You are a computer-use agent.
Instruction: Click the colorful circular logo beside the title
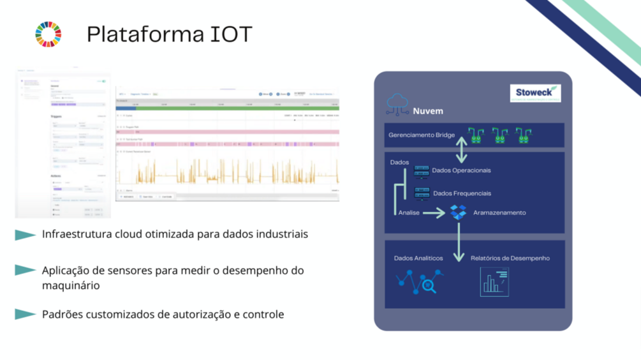48,34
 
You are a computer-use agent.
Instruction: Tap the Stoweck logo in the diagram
534,93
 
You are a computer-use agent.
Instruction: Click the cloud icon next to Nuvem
397,103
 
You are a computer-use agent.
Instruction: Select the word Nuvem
428,111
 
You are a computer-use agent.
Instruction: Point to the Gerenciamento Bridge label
422,135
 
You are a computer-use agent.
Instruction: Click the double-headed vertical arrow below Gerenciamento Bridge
462,149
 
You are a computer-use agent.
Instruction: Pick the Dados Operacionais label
461,170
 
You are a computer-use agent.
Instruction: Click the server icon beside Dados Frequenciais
422,193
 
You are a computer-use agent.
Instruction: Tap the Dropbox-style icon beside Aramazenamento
458,212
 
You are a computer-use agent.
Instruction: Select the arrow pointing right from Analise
434,213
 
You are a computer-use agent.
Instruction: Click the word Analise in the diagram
409,213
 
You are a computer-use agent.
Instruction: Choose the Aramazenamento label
499,213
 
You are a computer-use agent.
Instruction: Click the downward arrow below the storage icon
458,242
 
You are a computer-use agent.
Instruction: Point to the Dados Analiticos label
418,259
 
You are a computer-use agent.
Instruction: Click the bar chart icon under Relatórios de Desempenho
494,281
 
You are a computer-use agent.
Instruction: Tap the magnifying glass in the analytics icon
429,287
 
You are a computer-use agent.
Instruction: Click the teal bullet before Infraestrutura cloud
25,235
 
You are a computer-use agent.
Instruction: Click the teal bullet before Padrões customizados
25,315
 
